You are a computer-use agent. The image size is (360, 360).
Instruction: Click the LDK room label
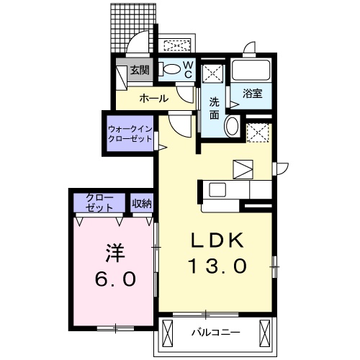[217, 240]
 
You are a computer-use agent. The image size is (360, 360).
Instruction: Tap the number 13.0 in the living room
[217, 266]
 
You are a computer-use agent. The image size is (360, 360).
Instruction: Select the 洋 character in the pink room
[114, 253]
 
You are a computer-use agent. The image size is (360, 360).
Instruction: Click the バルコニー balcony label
[214, 333]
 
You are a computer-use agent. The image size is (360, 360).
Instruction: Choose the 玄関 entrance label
[139, 71]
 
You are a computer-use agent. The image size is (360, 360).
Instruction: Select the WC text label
[186, 69]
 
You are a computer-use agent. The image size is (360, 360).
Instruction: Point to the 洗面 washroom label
[215, 108]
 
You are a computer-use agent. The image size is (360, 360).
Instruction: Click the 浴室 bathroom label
[252, 94]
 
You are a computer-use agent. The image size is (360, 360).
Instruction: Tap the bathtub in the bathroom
[252, 71]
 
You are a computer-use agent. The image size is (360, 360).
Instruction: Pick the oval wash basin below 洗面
[233, 127]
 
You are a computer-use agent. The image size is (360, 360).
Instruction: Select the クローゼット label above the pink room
[99, 202]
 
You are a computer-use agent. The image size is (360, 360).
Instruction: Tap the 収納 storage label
[142, 203]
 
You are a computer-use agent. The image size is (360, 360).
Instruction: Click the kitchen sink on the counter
[217, 189]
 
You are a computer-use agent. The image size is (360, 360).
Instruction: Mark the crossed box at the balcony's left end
[168, 333]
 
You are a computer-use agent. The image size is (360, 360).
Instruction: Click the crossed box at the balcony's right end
[266, 333]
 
